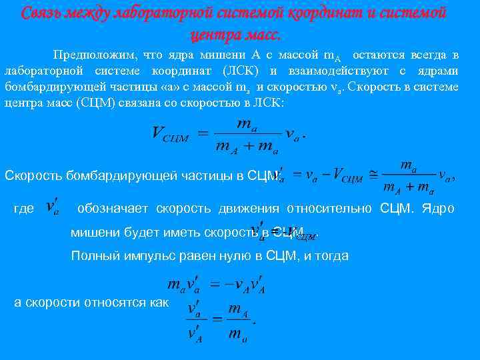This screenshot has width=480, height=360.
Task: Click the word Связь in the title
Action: pyautogui.click(x=41, y=13)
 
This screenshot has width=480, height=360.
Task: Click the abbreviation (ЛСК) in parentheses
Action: pyautogui.click(x=243, y=71)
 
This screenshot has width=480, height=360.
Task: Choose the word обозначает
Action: pyautogui.click(x=113, y=209)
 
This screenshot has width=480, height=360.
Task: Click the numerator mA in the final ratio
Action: pyautogui.click(x=238, y=309)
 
